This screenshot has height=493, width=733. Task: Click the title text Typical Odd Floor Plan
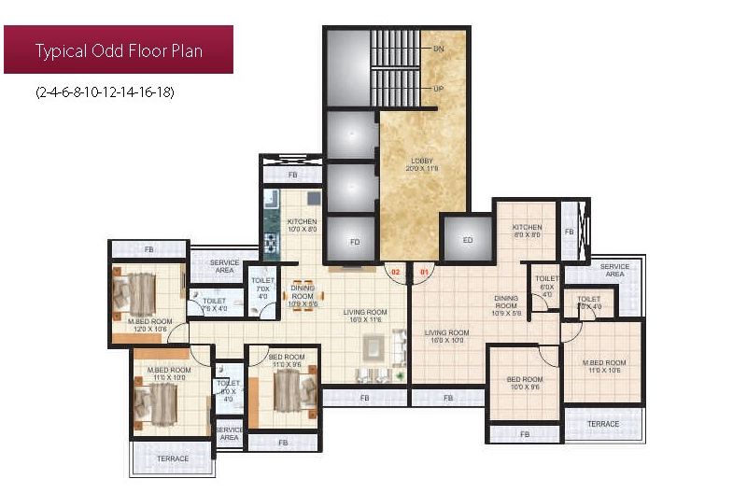coord(119,50)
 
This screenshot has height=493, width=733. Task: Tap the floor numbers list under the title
coord(104,92)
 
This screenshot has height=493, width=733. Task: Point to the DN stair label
coord(437,47)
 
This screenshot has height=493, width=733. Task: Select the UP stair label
coord(437,88)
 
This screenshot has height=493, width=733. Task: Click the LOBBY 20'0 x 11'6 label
coord(423,163)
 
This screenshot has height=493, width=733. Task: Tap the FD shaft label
coord(355,241)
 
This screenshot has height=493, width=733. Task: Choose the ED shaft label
coord(468,241)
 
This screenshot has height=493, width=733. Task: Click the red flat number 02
coord(395,272)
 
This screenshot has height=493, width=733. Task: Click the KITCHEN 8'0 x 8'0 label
coord(527,231)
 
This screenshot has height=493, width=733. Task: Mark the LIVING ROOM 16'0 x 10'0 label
coord(446,336)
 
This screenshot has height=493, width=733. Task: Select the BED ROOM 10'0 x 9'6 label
coord(525,384)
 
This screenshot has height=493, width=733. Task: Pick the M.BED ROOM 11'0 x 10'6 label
coord(603,366)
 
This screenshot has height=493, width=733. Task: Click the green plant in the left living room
coord(400,375)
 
